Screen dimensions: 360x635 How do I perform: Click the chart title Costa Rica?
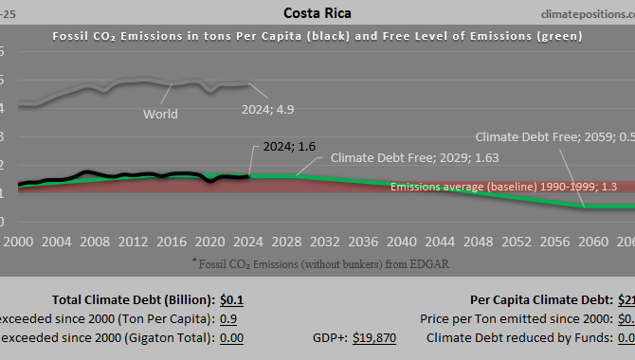[x=317, y=12]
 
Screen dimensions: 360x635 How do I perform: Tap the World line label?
[x=160, y=115]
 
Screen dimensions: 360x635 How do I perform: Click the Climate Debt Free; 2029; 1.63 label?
[x=414, y=157]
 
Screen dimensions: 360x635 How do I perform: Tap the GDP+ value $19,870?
[x=373, y=337]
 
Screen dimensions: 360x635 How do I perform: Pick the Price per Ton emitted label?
[x=513, y=319]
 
